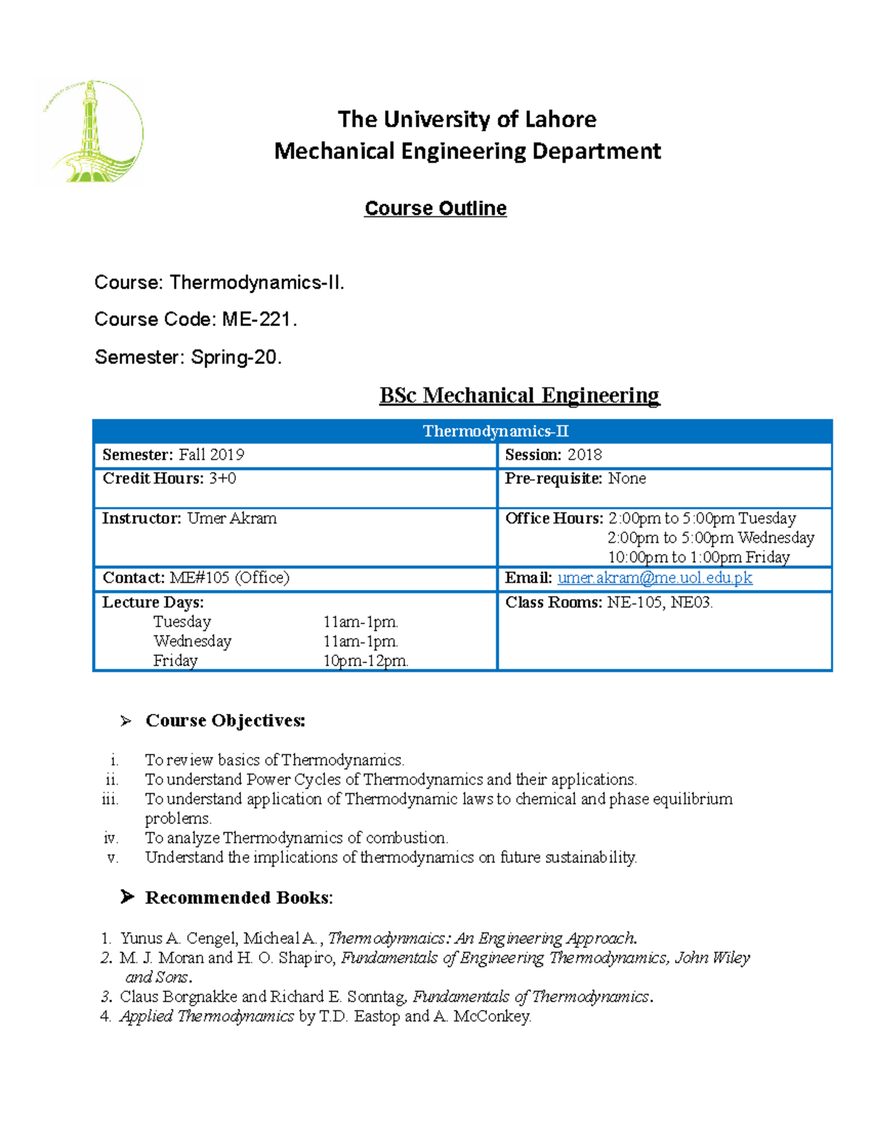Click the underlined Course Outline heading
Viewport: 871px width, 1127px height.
click(435, 208)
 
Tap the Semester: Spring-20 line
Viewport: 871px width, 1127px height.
click(187, 357)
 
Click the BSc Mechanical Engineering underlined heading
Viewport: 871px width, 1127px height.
click(519, 396)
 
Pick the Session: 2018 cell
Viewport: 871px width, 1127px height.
click(553, 455)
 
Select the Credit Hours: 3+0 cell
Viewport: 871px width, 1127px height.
click(168, 479)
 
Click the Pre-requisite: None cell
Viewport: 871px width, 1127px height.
click(575, 479)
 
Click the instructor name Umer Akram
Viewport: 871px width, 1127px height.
click(232, 519)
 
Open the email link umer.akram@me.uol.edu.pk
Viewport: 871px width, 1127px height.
click(654, 578)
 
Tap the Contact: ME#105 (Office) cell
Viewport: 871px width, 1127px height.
click(195, 578)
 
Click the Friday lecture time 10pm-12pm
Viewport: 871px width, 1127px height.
click(365, 661)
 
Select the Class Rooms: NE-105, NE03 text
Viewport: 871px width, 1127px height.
click(608, 602)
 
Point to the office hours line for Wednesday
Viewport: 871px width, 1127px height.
click(710, 538)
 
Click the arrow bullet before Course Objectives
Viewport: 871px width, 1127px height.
click(126, 721)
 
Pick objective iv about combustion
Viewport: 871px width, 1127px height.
click(296, 838)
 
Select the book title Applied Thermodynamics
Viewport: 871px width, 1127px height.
click(207, 1017)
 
